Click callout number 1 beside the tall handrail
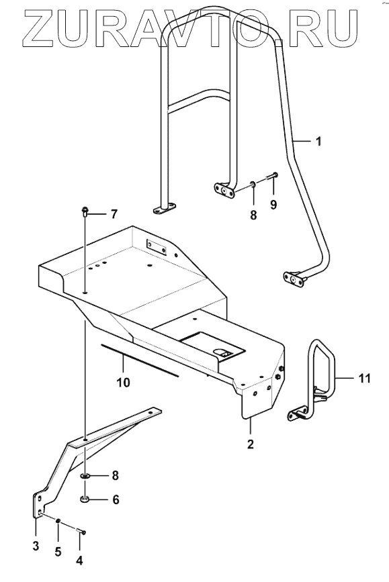(318, 142)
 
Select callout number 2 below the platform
(251, 444)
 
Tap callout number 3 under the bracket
(36, 546)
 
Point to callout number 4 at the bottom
(79, 560)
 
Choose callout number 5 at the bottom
(58, 552)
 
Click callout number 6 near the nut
(116, 499)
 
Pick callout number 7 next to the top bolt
(114, 214)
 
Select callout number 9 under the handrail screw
(273, 205)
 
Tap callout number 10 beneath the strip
(124, 383)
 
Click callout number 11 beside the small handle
(365, 379)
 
